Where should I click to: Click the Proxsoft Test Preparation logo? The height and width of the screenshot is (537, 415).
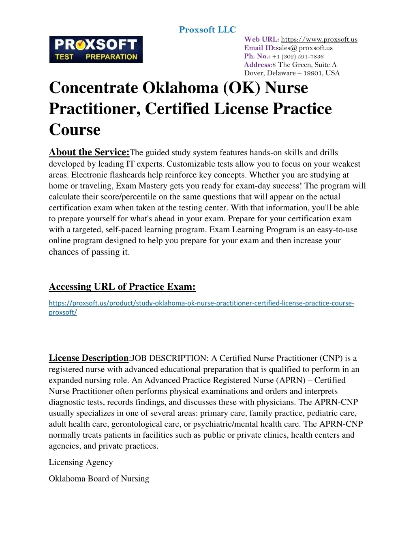[96, 49]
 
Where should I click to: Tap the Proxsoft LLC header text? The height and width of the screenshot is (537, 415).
[207, 30]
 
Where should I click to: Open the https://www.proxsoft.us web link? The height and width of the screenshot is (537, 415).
[319, 39]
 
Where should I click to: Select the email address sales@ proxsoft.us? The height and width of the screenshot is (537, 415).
[304, 48]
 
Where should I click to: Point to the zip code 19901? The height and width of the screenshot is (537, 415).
[313, 73]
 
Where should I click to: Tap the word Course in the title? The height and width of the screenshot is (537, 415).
[75, 130]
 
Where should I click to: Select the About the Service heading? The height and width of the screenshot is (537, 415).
[89, 152]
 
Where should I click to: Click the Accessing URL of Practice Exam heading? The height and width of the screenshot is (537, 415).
[122, 287]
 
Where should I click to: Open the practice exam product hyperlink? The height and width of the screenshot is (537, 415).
[201, 303]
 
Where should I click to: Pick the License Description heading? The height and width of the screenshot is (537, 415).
[88, 358]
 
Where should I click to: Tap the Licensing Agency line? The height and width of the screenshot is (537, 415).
[81, 462]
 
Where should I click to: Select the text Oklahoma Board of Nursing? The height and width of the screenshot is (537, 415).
[99, 479]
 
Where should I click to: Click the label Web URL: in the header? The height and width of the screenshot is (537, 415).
[261, 39]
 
